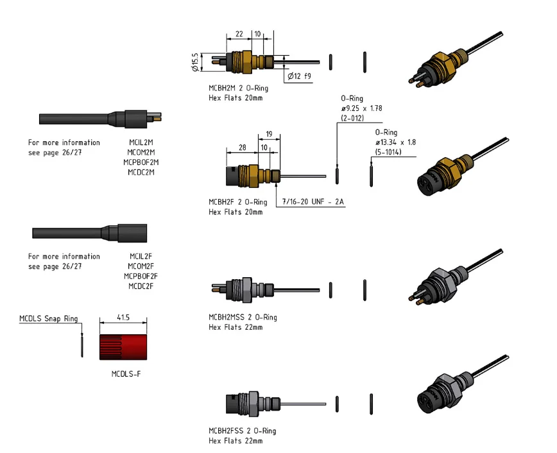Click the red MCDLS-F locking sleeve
[x=123, y=346]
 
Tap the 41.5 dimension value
[x=123, y=318]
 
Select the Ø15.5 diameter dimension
[x=194, y=62]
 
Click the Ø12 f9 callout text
[x=298, y=76]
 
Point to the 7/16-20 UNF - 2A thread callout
[x=314, y=201]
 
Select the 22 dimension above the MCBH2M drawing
[x=239, y=33]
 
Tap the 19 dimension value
[x=269, y=133]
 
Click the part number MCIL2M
[x=141, y=142]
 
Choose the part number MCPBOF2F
[x=141, y=276]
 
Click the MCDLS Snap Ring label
[x=49, y=318]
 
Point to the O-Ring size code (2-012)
[x=352, y=118]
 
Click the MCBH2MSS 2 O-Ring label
[x=243, y=317]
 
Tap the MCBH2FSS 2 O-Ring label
[x=243, y=431]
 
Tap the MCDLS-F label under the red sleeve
[x=122, y=373]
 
